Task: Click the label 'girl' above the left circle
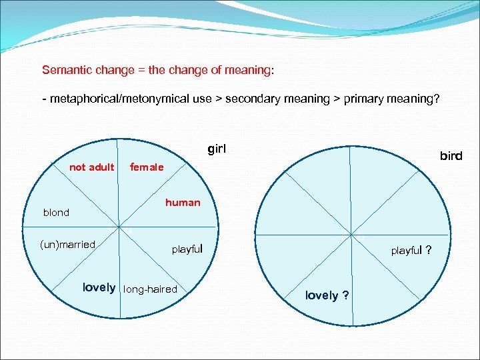coord(217,149)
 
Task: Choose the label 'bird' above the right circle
coord(451,156)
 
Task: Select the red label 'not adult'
coord(91,167)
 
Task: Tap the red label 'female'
coord(147,167)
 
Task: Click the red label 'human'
coord(183,203)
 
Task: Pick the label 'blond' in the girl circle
coord(56,213)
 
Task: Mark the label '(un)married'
coord(68,245)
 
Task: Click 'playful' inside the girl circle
coord(187,249)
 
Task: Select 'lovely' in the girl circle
coord(99,288)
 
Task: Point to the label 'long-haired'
coord(151,289)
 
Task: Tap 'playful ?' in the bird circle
coord(411,251)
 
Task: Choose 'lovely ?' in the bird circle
coord(327,295)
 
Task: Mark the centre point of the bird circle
coord(351,234)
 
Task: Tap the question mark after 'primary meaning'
coord(436,99)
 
